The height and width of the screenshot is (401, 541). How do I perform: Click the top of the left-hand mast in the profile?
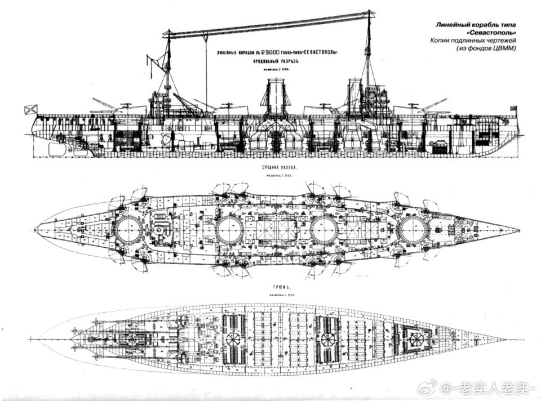click(x=167, y=32)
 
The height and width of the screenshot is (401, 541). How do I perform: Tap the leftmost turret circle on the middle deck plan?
click(x=128, y=229)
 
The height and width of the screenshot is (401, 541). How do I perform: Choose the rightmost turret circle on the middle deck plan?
click(x=413, y=230)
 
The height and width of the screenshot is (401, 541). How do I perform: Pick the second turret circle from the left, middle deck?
click(x=229, y=230)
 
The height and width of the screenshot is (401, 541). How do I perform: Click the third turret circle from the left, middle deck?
click(x=324, y=230)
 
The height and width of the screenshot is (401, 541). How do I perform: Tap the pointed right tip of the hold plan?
click(x=507, y=340)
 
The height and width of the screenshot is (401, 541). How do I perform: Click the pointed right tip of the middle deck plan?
click(x=518, y=230)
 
